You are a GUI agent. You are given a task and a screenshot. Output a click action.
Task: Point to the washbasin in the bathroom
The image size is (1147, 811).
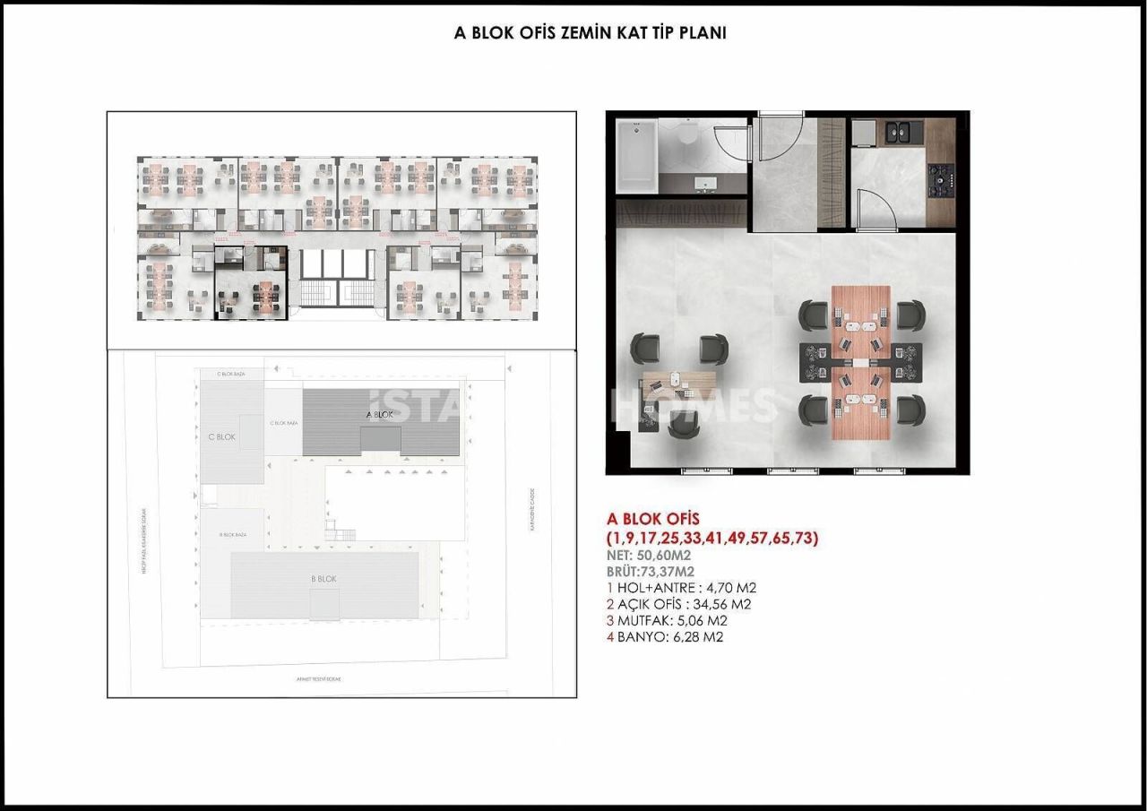click(x=706, y=183)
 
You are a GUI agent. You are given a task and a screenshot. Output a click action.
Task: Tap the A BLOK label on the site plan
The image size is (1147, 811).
click(x=380, y=415)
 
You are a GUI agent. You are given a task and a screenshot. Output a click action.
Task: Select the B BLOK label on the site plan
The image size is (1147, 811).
click(x=323, y=580)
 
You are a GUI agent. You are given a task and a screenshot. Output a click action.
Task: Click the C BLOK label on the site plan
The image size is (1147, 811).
click(x=220, y=437)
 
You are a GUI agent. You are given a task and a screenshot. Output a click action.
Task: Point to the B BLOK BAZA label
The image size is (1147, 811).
click(x=233, y=534)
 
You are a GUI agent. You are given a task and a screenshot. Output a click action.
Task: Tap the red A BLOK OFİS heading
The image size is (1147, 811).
click(x=652, y=518)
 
